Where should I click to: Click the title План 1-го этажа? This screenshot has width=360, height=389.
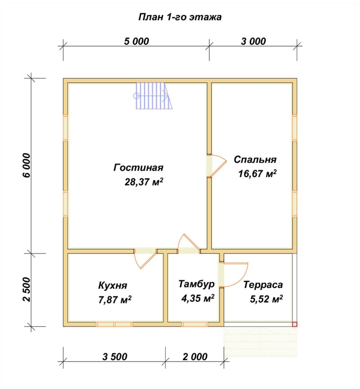point(180,17)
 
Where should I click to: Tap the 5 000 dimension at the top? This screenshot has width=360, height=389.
point(136,41)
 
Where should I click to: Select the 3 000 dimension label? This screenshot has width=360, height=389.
point(253,41)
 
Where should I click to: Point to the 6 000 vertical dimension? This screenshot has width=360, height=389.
point(26,165)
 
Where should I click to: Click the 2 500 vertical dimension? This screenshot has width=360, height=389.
point(26,289)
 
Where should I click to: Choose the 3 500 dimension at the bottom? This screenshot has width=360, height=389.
point(115,357)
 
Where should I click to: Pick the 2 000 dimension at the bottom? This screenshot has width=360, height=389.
point(195,357)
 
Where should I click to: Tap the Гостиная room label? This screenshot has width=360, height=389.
point(138,168)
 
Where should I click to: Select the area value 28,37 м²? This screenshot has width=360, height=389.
point(144,182)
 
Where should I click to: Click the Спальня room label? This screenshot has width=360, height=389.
point(255,160)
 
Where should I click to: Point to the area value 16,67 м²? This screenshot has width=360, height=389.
point(258,174)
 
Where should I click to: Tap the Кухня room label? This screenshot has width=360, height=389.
point(113,285)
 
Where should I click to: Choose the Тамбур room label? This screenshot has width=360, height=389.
point(196,284)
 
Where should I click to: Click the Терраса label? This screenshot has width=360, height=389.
point(263,285)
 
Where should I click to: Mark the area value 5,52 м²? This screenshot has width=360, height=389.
point(266,299)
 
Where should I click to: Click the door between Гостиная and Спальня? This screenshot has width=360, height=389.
point(216,166)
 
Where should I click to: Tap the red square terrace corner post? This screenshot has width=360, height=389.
point(294,324)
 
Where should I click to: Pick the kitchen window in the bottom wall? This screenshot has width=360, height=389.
point(114,324)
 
